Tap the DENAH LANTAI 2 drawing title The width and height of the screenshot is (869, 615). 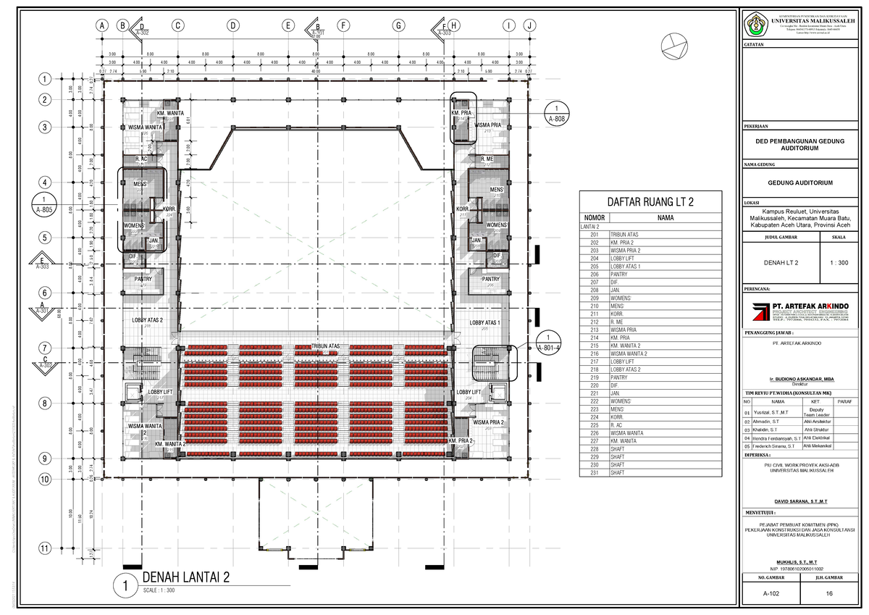point(186,577)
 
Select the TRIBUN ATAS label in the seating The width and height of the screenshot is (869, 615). point(326,347)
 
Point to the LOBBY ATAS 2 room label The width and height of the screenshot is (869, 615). point(147,320)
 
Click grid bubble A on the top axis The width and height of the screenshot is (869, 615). point(102,26)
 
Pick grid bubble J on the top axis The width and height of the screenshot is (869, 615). point(532,26)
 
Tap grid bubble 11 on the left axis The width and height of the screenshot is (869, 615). point(45,548)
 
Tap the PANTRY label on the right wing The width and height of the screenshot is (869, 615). point(491,279)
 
